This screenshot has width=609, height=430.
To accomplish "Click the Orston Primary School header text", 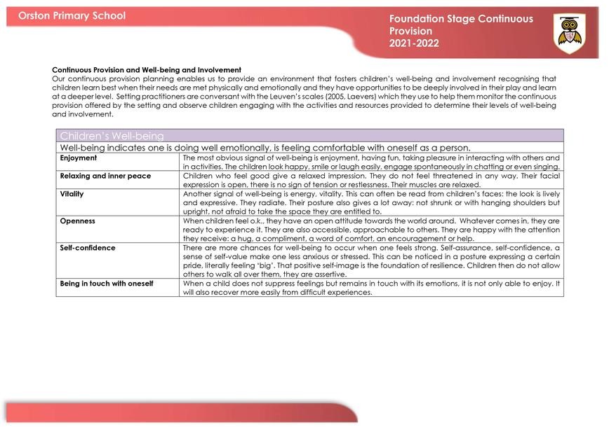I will (x=72, y=15).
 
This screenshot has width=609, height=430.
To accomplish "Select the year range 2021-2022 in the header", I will (x=414, y=43).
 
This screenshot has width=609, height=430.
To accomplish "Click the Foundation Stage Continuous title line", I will (x=461, y=20).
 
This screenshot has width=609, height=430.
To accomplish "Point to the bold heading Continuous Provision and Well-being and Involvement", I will (x=147, y=70).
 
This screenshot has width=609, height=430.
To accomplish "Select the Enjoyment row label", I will (x=79, y=158).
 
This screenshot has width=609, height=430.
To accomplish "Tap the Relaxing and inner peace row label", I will (x=105, y=176).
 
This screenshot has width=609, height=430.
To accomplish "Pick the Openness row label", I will (x=77, y=221).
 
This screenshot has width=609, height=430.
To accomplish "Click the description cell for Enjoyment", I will (x=371, y=162).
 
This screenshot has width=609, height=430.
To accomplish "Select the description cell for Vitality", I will (x=371, y=202).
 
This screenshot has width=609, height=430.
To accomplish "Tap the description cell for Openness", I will (x=371, y=230).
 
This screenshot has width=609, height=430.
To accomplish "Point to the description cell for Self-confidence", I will (x=371, y=261).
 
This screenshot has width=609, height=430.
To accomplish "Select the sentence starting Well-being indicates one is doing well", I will (x=265, y=148).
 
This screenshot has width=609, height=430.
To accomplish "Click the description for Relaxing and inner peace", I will (x=371, y=180).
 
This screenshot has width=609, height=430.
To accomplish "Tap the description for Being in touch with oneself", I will (x=371, y=288).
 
